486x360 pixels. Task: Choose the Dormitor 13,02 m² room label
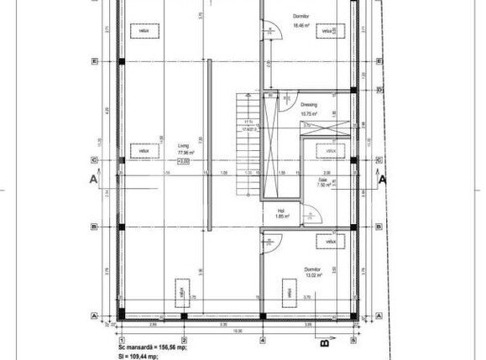(314, 272)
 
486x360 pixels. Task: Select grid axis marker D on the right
(379, 89)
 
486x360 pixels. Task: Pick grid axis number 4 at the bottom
(263, 340)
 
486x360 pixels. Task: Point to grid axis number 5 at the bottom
(354, 340)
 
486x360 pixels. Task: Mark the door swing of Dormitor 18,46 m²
(270, 31)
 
